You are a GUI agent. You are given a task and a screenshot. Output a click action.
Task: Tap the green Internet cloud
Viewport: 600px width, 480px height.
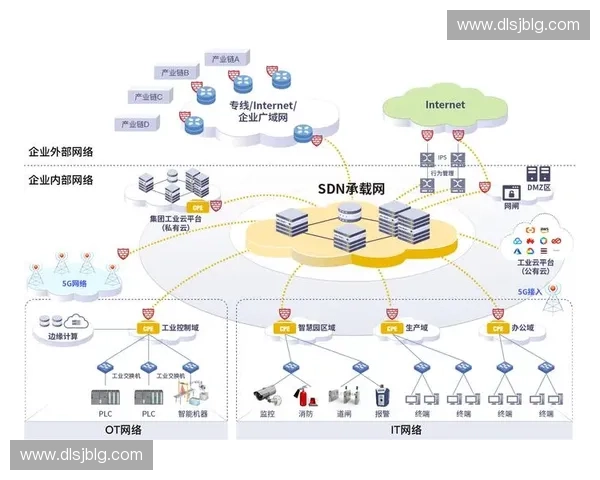point(444,105)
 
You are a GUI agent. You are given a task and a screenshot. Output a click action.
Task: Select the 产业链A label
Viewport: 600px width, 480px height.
point(226,59)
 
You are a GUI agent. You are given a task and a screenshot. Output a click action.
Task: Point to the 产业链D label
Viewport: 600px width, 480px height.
point(135,124)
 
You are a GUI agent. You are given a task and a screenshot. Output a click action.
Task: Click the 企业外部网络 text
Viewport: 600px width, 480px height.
point(61,152)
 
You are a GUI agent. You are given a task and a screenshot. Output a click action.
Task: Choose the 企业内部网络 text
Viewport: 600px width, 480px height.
point(61,180)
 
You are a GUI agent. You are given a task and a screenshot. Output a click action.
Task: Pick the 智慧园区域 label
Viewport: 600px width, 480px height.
point(316,327)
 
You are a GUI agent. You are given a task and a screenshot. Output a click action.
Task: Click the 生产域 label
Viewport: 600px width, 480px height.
point(417,327)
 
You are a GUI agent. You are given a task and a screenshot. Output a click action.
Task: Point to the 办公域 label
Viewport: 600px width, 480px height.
point(522,327)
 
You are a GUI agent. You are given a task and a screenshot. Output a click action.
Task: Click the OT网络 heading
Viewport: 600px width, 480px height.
point(124,431)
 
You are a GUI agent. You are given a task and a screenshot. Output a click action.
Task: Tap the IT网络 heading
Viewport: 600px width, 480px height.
point(404,431)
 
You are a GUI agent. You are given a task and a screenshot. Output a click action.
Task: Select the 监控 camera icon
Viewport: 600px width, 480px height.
point(267,393)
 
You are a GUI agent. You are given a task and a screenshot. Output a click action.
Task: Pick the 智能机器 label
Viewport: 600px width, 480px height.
point(193,412)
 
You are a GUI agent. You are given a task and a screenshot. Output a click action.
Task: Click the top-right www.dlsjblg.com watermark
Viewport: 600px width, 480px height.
point(517,25)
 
